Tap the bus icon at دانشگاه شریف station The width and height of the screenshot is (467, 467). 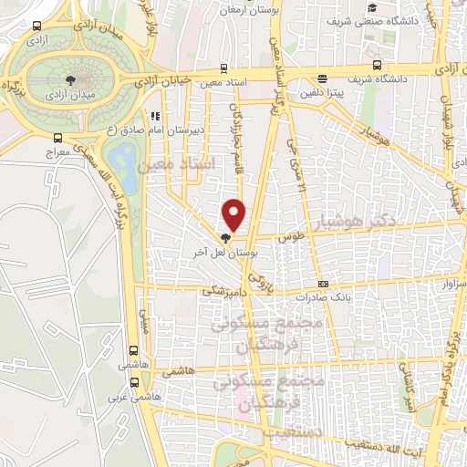pyautogui.click(x=378, y=65)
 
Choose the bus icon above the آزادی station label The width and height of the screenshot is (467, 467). pyautogui.click(x=36, y=26)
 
